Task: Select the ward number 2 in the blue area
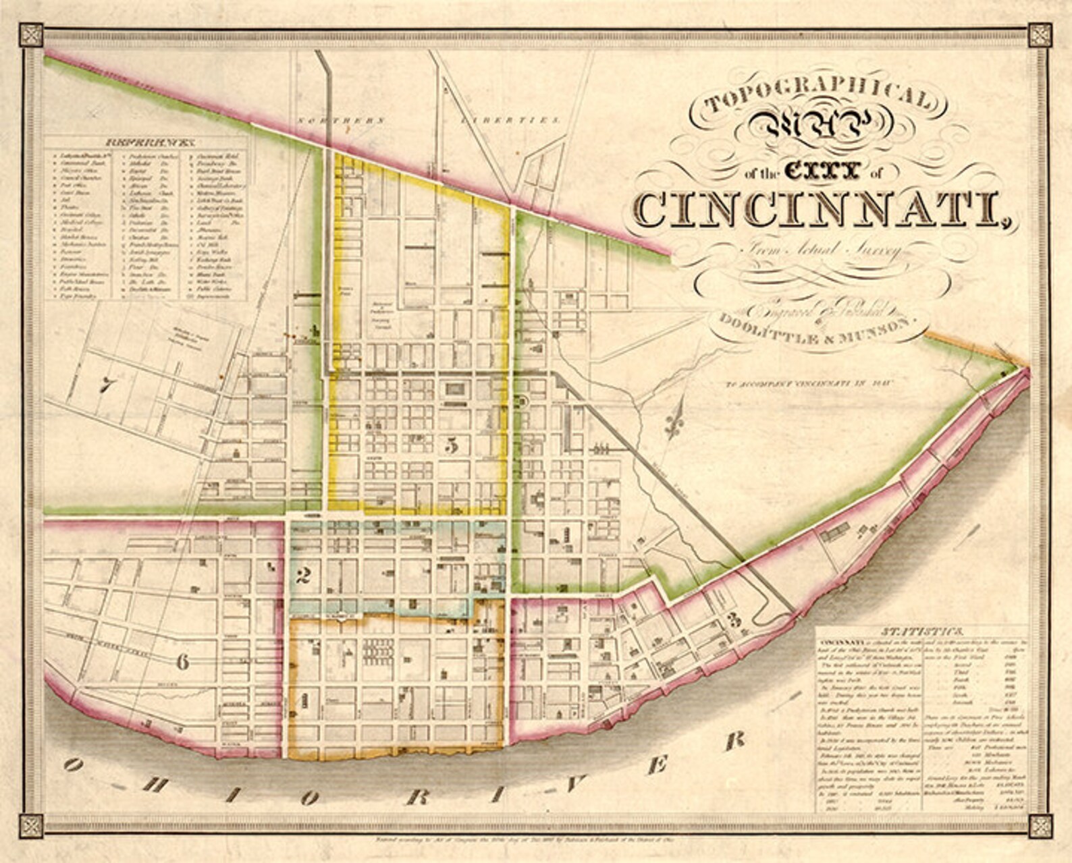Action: [x=303, y=576]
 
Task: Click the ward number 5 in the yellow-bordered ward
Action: [x=453, y=445]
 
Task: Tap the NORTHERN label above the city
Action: [x=341, y=120]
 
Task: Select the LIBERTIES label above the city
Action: [x=510, y=120]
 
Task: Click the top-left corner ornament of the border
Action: [x=31, y=35]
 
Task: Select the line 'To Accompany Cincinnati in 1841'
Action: [x=809, y=384]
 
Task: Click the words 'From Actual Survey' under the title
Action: [x=821, y=251]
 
